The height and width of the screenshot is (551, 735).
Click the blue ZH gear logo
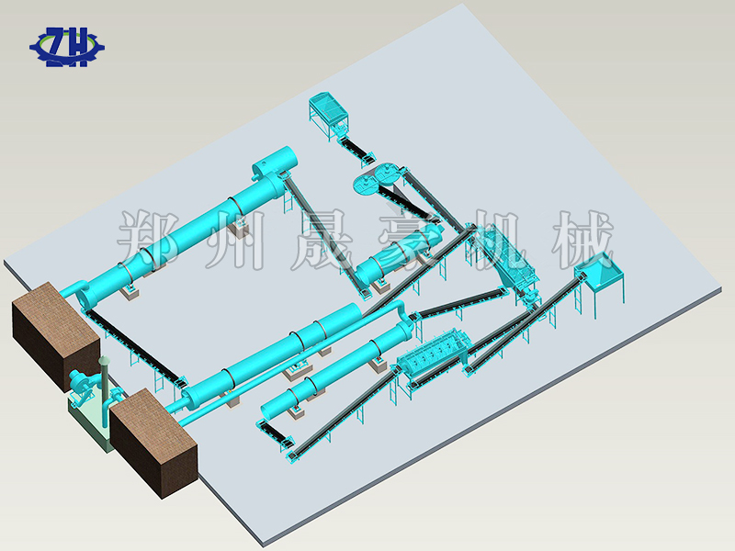(66, 47)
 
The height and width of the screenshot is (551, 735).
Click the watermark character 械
(583, 240)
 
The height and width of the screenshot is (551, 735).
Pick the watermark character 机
(498, 240)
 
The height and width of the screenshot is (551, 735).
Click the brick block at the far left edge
(56, 335)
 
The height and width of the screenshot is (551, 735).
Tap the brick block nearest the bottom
(153, 442)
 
